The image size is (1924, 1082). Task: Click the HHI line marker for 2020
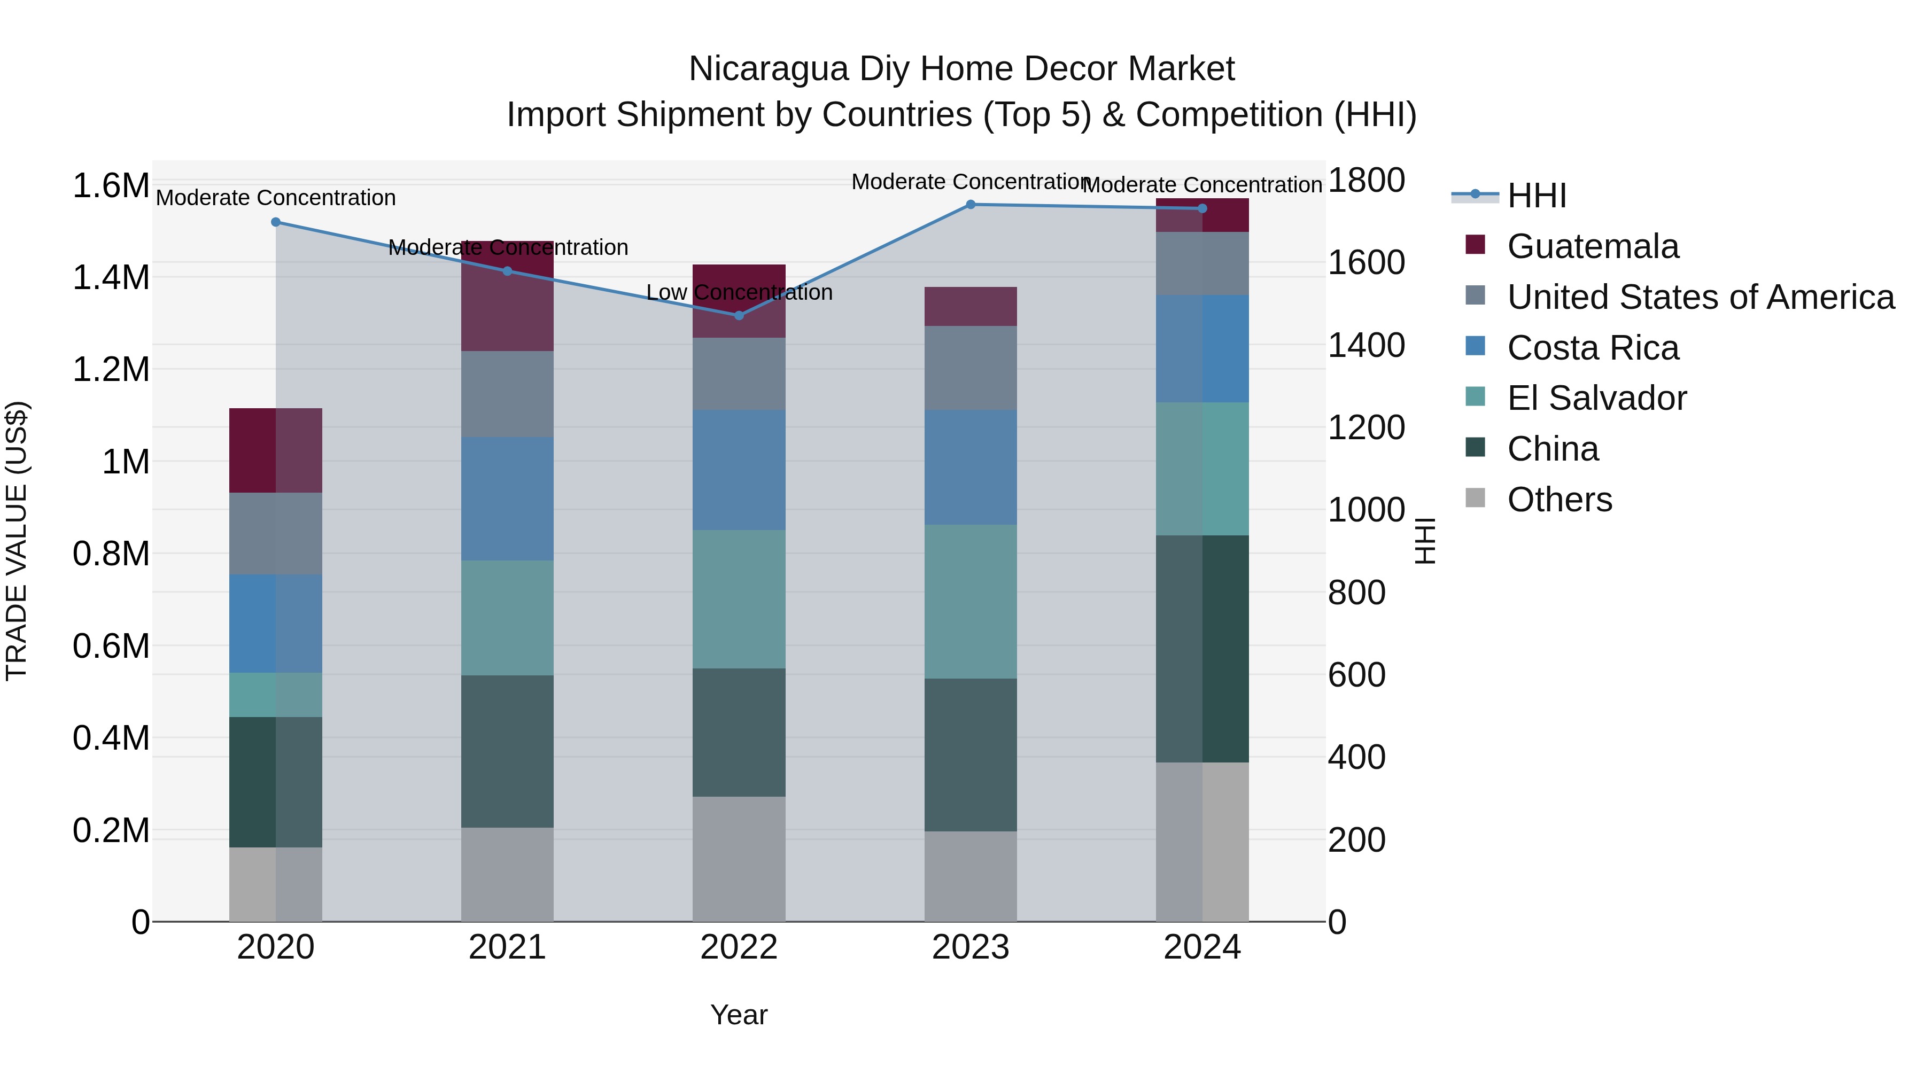point(276,222)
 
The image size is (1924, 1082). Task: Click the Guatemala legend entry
point(1593,246)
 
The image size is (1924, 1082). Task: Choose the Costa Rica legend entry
point(1593,348)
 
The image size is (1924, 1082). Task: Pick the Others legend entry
point(1559,500)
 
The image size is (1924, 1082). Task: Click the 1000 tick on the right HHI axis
point(1366,510)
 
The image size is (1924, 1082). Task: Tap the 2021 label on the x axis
point(507,947)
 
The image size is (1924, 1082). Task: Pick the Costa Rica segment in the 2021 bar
point(507,499)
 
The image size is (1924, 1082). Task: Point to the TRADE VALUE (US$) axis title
point(17,541)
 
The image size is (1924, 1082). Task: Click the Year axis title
point(739,1015)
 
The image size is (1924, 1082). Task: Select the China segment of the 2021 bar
point(507,751)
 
